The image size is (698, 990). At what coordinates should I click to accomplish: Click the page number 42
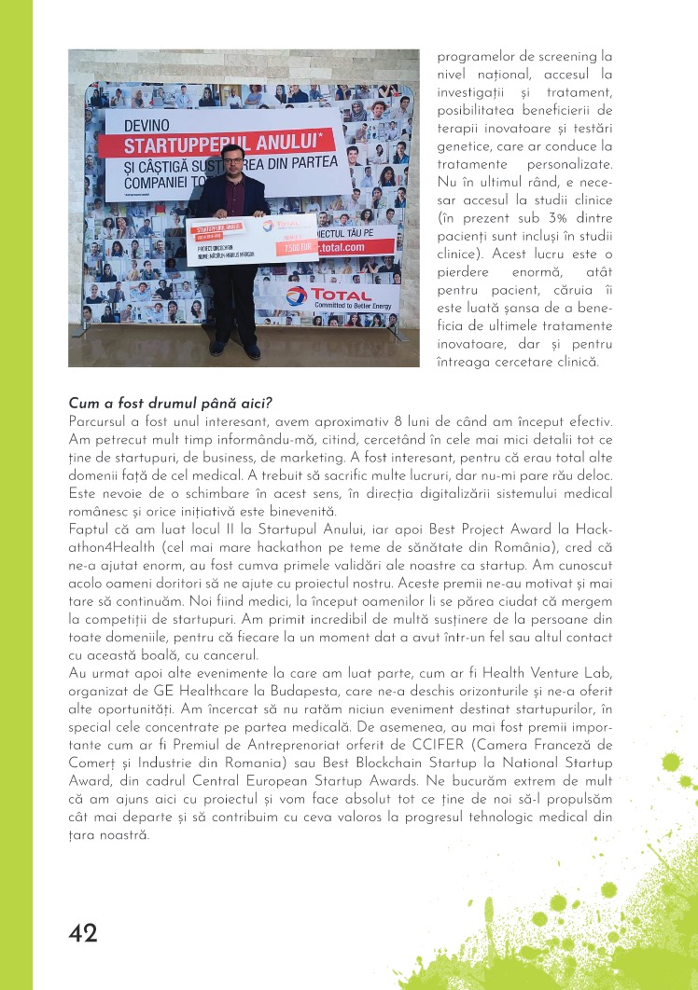point(83,932)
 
